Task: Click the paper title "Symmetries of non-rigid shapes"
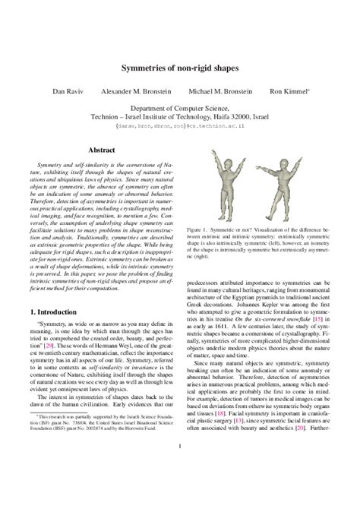point(180,68)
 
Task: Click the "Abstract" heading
point(102,150)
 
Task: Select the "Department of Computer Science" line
point(180,109)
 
